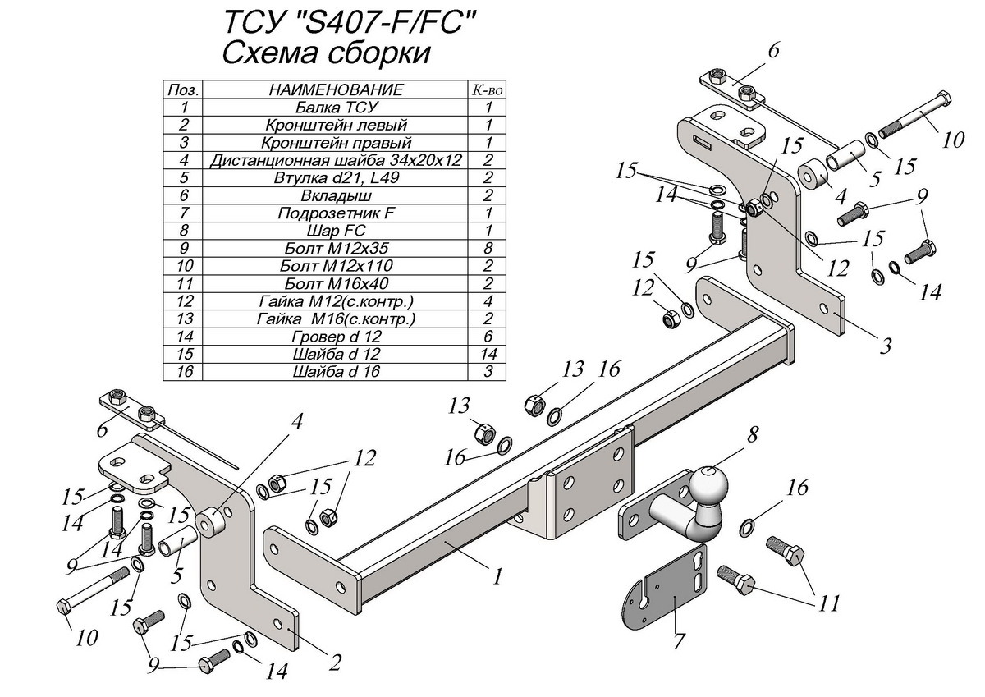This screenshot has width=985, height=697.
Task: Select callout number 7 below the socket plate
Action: tap(678, 641)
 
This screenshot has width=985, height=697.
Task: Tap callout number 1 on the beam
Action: tap(497, 576)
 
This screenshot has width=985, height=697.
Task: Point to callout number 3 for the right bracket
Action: tap(885, 345)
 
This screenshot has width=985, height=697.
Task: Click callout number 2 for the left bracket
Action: tap(335, 662)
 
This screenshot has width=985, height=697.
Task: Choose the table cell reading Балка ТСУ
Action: tap(335, 108)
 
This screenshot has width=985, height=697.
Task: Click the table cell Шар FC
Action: tap(335, 231)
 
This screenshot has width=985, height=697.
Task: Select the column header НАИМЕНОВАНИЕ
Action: tap(335, 89)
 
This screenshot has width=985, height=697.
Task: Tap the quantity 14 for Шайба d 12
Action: tap(488, 354)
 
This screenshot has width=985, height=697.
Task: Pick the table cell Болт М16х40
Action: tap(335, 283)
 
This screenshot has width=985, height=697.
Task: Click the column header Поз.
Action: tap(184, 89)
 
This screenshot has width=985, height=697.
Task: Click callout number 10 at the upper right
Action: tap(953, 140)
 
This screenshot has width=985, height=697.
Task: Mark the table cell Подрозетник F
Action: tap(335, 213)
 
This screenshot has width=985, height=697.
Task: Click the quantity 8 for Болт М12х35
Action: tap(488, 249)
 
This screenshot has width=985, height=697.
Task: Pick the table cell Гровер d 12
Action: tap(335, 337)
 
